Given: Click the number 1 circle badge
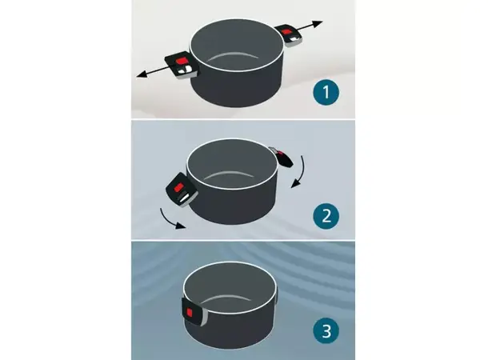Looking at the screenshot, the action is [x=326, y=93].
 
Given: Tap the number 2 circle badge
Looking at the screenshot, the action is [x=326, y=216].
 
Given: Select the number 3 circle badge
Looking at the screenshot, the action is [x=326, y=330].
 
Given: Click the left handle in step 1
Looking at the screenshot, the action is [x=182, y=66].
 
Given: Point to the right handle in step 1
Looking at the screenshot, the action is [x=290, y=35].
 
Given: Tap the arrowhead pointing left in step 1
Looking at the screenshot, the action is [x=141, y=74].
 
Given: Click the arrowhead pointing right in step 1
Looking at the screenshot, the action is [x=318, y=24].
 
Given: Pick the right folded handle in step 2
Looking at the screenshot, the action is [x=282, y=157].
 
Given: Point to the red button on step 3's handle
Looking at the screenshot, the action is [x=190, y=312].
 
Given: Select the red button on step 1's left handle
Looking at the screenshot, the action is [x=180, y=62].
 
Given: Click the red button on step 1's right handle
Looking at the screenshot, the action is [x=286, y=31].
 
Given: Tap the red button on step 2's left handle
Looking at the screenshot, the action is [x=179, y=188].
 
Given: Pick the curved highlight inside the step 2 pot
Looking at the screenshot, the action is [x=230, y=174].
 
